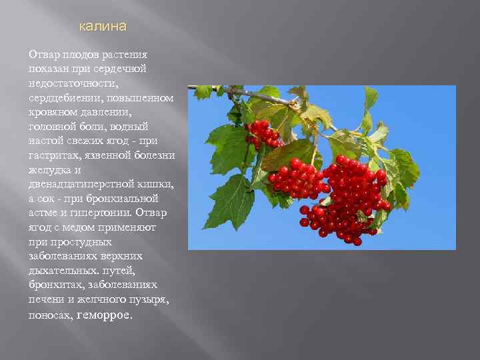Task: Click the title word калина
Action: [102, 27]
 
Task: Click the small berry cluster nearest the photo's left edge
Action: [261, 134]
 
